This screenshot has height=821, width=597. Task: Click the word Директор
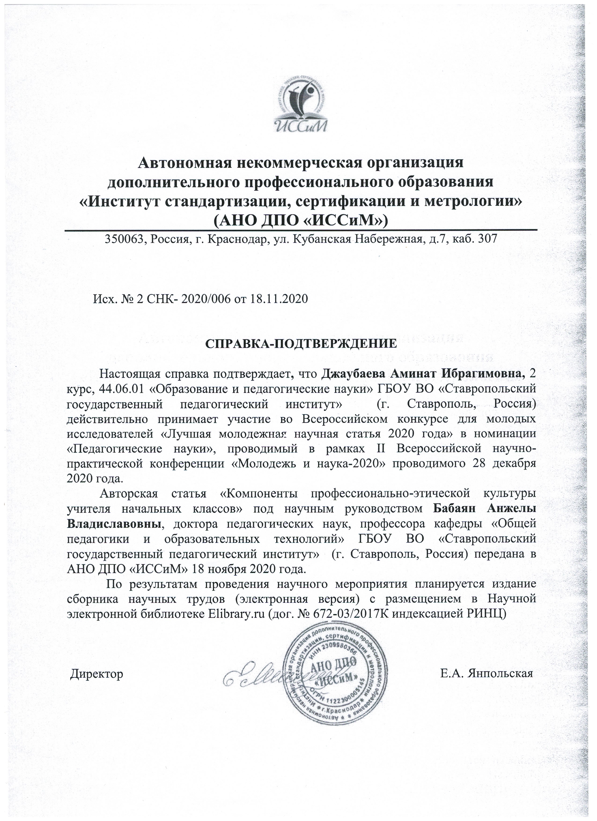pos(97,673)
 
